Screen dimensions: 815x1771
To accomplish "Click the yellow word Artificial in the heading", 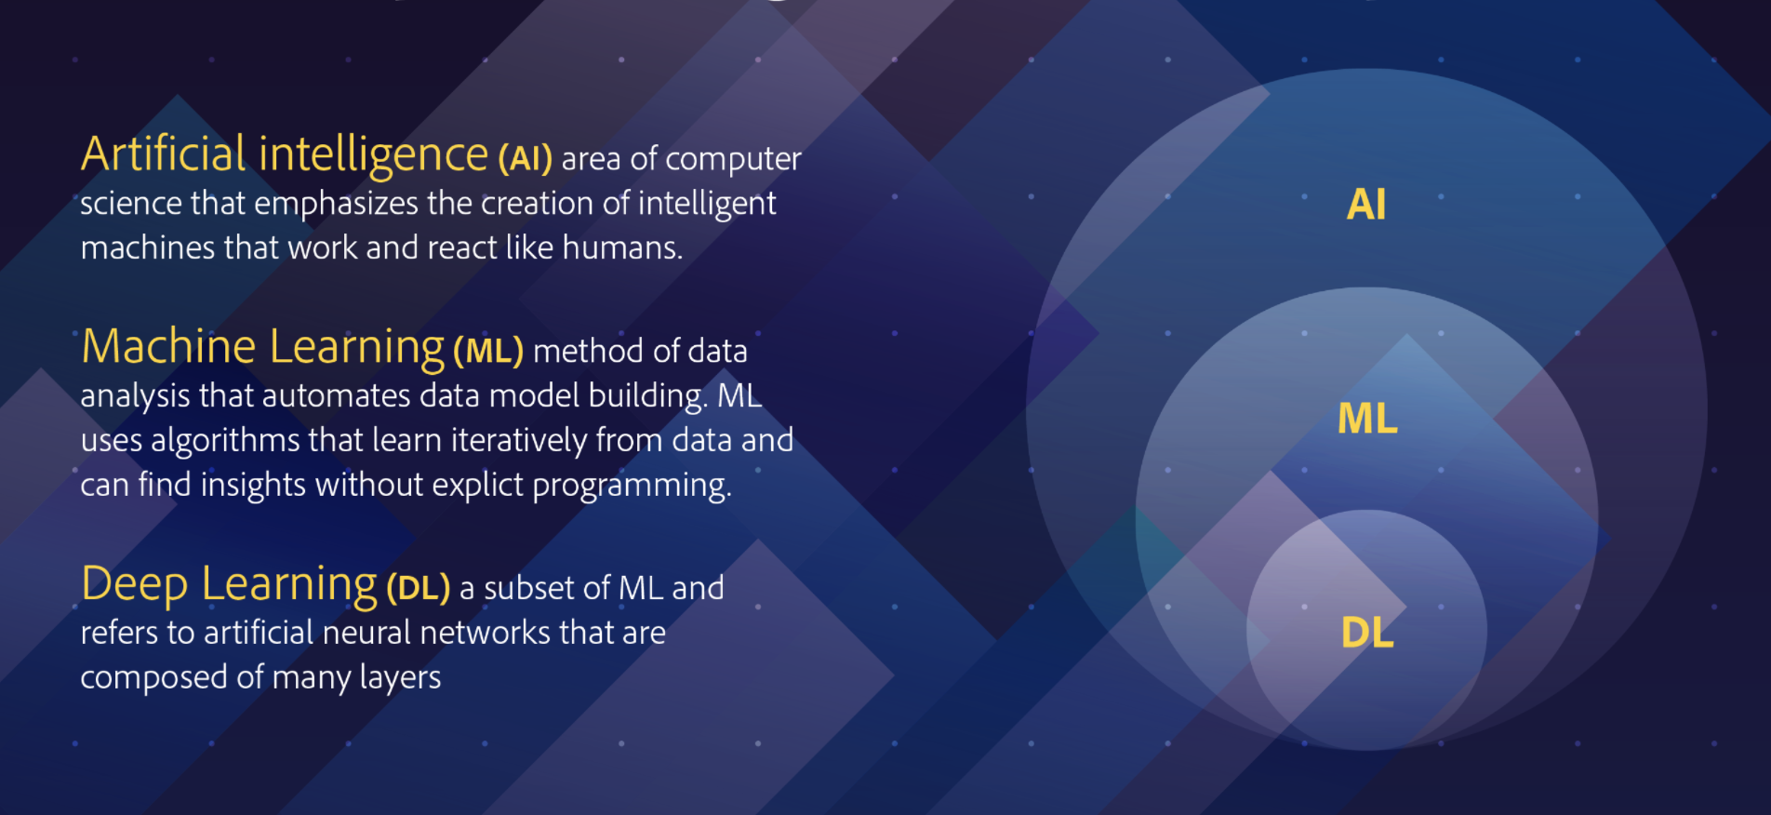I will click(x=164, y=154).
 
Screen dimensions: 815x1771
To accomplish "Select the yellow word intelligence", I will click(x=373, y=155).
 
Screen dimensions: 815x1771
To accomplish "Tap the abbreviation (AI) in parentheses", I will click(x=525, y=159).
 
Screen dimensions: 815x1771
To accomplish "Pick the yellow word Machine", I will click(x=168, y=347).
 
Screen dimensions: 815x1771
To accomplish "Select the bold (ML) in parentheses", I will click(x=488, y=351).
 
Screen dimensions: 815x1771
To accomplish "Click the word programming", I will click(x=632, y=486).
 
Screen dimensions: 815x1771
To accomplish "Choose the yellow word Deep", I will click(x=135, y=584).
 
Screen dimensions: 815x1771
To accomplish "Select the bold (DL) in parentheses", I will click(x=418, y=588).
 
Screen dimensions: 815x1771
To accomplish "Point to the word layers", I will click(x=400, y=678).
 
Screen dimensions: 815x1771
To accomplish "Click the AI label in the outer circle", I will click(x=1366, y=205).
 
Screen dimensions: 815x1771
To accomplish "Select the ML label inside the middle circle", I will click(x=1367, y=419).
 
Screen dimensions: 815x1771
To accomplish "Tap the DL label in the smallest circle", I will click(x=1367, y=633).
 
